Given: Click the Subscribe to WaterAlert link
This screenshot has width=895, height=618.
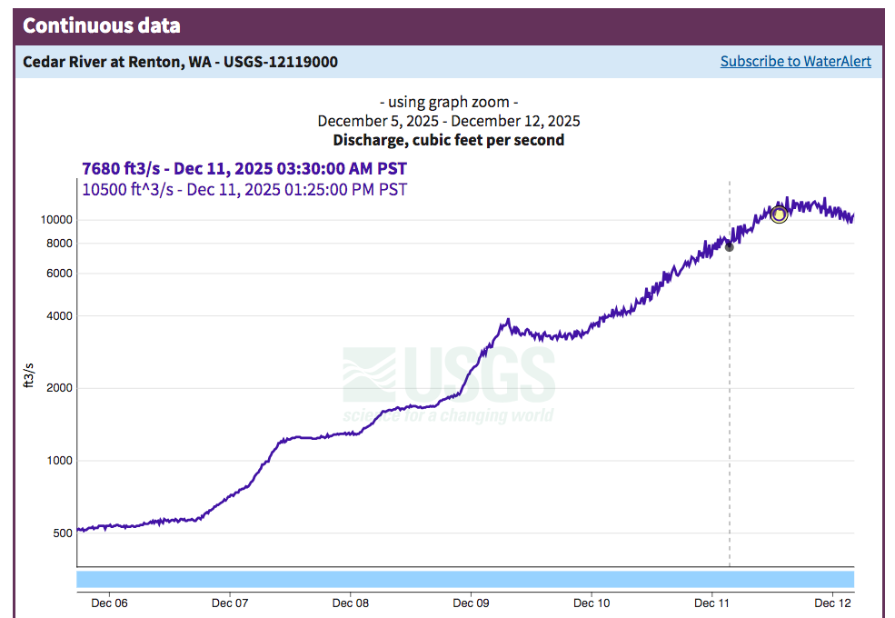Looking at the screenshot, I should pos(795,62).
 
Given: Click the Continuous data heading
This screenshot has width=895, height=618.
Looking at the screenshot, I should pos(101,25).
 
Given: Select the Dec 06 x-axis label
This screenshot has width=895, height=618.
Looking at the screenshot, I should pos(108,603).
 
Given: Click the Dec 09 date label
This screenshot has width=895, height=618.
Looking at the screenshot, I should pos(471,603).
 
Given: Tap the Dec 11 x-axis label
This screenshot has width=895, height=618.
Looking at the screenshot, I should pos(712,603).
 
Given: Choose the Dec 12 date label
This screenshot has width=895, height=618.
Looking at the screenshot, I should pos(833,603).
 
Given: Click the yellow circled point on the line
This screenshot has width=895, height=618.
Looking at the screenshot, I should pos(779,214).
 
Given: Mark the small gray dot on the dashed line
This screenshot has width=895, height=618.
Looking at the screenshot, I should pos(730,247).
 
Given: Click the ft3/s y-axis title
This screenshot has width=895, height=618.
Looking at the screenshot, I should pos(29,374).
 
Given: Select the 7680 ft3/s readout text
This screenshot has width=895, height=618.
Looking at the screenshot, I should pos(244,169).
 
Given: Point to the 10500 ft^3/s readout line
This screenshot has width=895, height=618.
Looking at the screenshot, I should pos(244,189).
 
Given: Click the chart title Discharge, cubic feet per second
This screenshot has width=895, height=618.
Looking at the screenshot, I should pos(448,140).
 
